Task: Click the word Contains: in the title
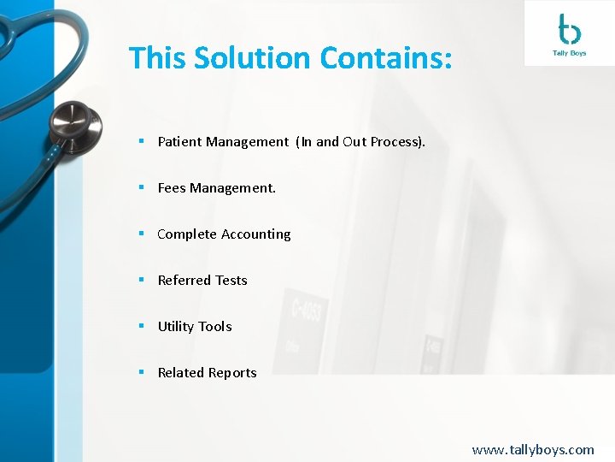[384, 58]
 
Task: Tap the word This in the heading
[157, 58]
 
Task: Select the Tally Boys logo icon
[569, 30]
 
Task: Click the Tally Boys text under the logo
[570, 54]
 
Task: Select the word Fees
[172, 188]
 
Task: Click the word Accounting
[255, 234]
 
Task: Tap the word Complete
[187, 234]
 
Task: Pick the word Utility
[175, 327]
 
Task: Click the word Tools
[214, 327]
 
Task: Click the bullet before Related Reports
[141, 373]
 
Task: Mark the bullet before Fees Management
[141, 188]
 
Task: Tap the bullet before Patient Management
[141, 142]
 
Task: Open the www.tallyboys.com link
[533, 449]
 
